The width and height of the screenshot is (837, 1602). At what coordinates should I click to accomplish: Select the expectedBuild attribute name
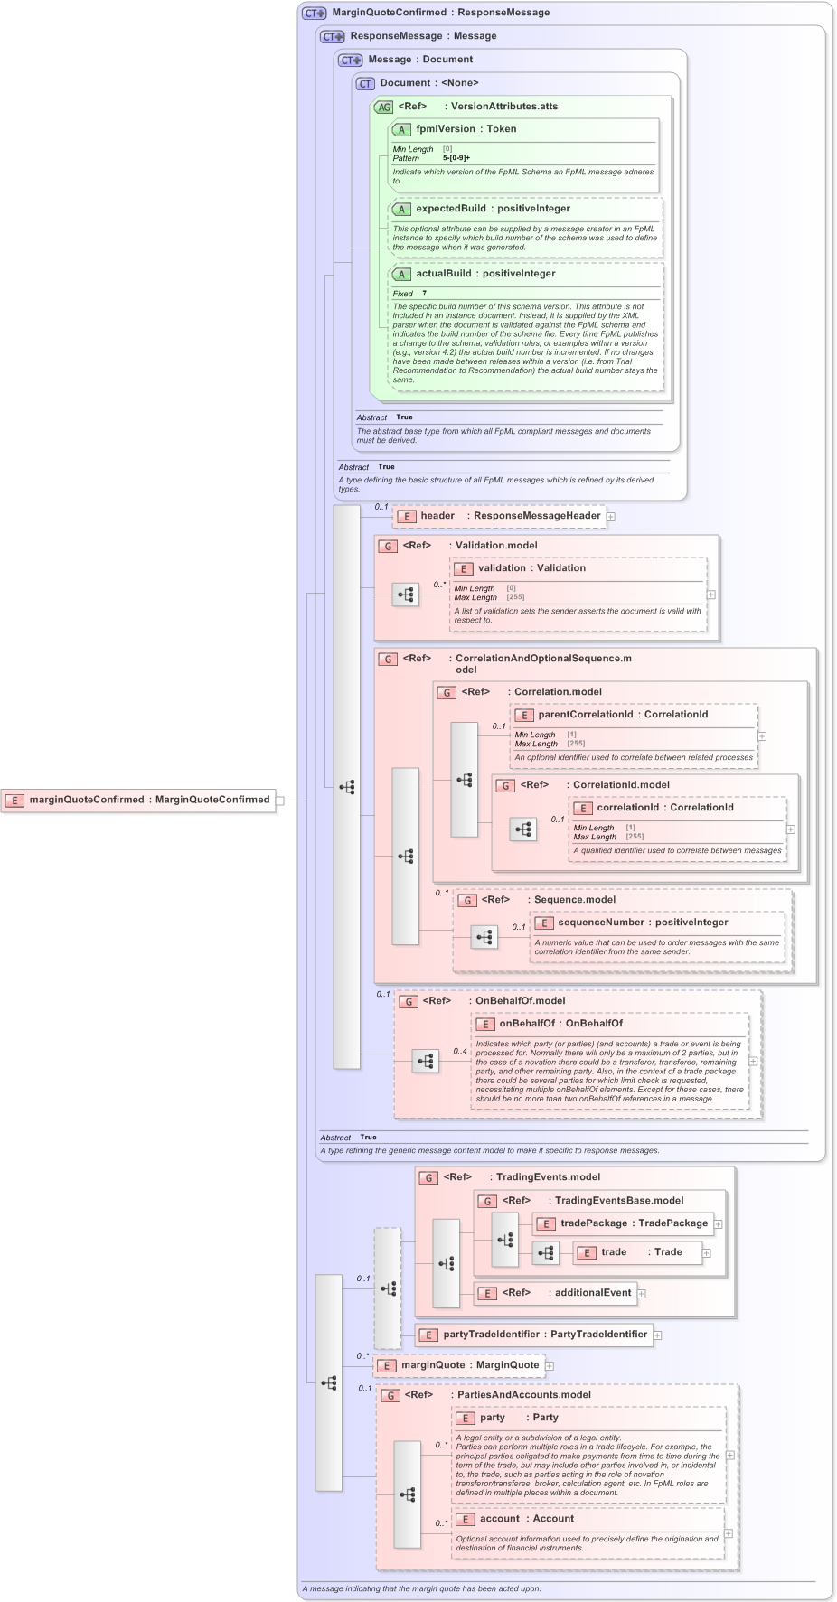[x=450, y=209]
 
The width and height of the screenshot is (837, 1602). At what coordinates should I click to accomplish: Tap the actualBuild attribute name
[x=443, y=274]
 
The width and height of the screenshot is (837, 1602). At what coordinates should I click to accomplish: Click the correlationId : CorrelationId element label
[x=664, y=808]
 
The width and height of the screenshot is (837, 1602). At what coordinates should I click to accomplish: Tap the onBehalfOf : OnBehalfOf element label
[x=560, y=1024]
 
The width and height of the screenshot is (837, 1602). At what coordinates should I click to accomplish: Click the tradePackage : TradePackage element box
[x=624, y=1223]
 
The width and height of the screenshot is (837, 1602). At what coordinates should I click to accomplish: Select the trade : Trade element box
[x=638, y=1252]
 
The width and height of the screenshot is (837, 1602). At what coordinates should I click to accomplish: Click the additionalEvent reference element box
[x=556, y=1293]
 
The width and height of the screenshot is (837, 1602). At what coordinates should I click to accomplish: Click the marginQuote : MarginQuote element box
[x=460, y=1365]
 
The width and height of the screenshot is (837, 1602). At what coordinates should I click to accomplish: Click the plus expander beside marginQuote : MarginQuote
[x=550, y=1365]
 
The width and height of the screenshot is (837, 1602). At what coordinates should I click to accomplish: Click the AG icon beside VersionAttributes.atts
[x=384, y=107]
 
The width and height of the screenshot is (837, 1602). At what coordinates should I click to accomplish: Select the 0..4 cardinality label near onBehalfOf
[x=460, y=1051]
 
